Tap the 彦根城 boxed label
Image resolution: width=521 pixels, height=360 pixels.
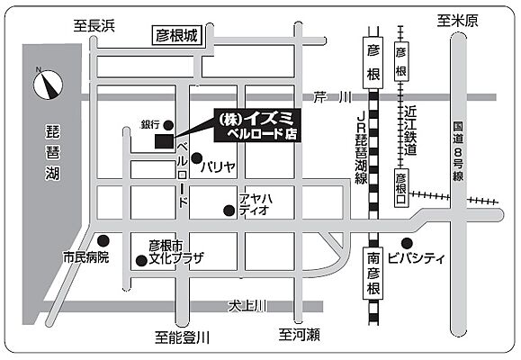[x=176, y=36]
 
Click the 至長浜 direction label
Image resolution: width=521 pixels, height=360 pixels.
[x=95, y=27]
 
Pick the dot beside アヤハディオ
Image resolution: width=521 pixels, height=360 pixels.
[x=229, y=211]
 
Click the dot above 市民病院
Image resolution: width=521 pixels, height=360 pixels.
[x=104, y=240]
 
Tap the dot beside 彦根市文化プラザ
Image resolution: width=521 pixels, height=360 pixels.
[x=140, y=261]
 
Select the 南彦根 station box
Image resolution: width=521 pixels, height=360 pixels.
[x=373, y=274]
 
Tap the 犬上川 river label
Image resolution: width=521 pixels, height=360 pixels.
[x=246, y=306]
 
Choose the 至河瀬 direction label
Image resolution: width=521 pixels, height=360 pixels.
[x=299, y=335]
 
